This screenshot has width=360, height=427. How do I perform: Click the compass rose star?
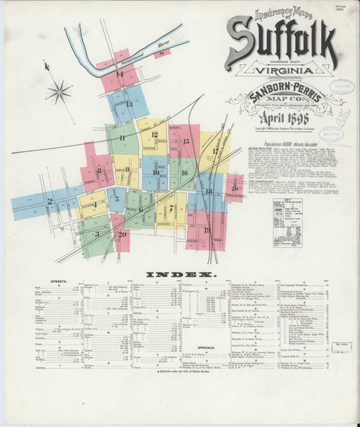tap(60, 91)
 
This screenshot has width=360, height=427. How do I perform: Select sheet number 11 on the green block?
tap(122, 137)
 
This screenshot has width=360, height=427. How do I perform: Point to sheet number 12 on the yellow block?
tap(154, 135)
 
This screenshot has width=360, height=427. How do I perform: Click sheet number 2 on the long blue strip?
tap(50, 201)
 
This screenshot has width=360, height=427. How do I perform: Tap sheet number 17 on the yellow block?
tap(215, 151)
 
